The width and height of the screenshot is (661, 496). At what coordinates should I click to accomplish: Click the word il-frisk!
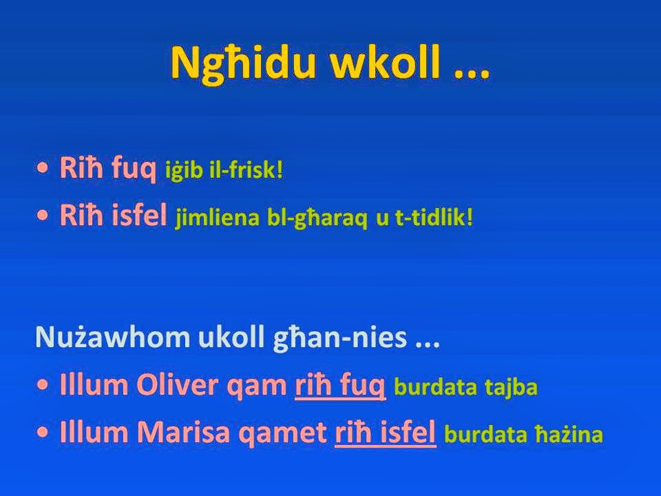coord(244,171)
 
